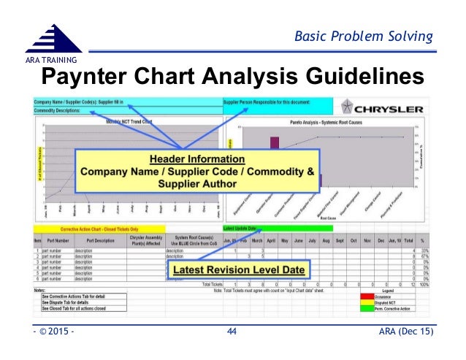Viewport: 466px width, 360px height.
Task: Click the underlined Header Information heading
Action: point(197,158)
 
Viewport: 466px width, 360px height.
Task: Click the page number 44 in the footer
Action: point(232,332)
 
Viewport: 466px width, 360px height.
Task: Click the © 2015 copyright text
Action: point(55,332)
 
